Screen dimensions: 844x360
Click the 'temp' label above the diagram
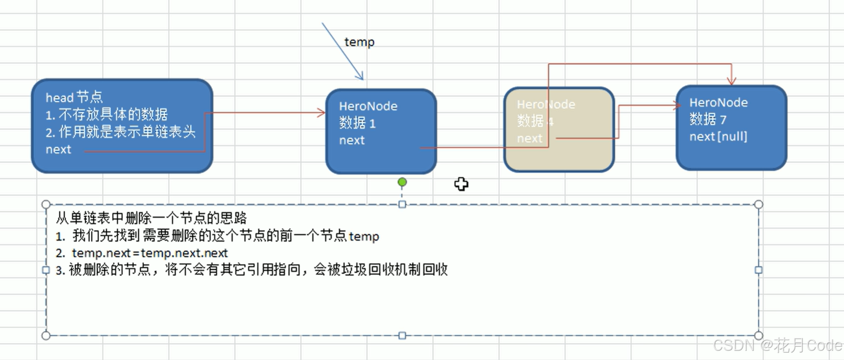(x=359, y=42)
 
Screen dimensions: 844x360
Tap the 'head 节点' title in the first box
(x=74, y=97)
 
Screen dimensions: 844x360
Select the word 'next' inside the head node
(x=58, y=150)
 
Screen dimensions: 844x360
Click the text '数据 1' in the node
(x=357, y=123)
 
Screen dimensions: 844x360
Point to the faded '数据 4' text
(x=535, y=122)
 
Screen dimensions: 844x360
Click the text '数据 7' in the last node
(x=708, y=120)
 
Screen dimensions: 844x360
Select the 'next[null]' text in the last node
(x=718, y=137)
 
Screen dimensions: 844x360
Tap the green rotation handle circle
(x=402, y=183)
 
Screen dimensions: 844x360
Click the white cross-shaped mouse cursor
(x=461, y=184)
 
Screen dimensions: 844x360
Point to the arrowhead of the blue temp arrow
(x=361, y=77)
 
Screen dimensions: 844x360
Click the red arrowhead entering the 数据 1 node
(x=322, y=113)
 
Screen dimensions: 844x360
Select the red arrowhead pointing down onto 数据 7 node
(x=731, y=82)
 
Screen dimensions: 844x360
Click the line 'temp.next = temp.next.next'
(x=149, y=253)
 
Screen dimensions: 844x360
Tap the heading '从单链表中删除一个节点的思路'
(x=151, y=218)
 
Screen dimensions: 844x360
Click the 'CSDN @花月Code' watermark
(x=778, y=345)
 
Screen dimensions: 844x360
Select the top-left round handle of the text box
(x=46, y=205)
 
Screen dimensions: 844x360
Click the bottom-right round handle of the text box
(x=759, y=336)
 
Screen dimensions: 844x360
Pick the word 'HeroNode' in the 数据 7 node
(x=718, y=103)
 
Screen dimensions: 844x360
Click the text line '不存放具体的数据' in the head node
(x=113, y=114)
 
